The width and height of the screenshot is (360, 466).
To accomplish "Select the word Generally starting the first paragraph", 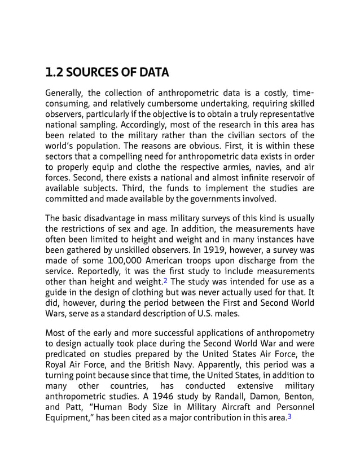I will [64, 93].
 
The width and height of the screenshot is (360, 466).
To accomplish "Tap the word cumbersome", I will [170, 103].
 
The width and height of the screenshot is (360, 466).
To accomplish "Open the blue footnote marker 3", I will [289, 418].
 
